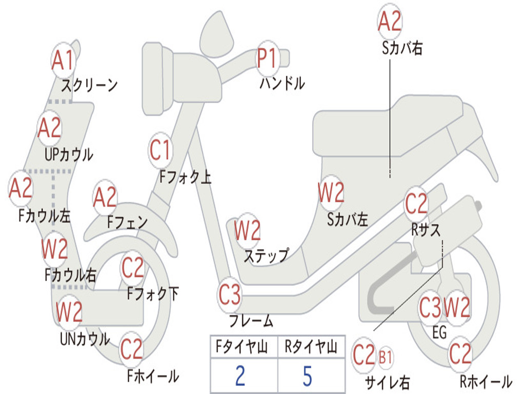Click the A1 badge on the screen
tap(63, 61)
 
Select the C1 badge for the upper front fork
tap(160, 150)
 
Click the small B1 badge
tap(386, 358)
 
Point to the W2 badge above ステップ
tap(247, 230)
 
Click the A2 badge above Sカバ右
tap(390, 21)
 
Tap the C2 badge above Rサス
tap(416, 203)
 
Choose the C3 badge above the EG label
tap(431, 307)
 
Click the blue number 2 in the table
tap(240, 376)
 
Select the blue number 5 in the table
tap(308, 376)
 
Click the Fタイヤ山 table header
tap(241, 347)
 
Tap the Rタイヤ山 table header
tap(311, 347)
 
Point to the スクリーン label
tap(89, 85)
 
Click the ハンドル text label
tap(282, 83)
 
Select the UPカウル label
tap(69, 154)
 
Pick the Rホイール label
tap(486, 381)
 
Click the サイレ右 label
tap(387, 382)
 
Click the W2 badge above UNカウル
tap(69, 311)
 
